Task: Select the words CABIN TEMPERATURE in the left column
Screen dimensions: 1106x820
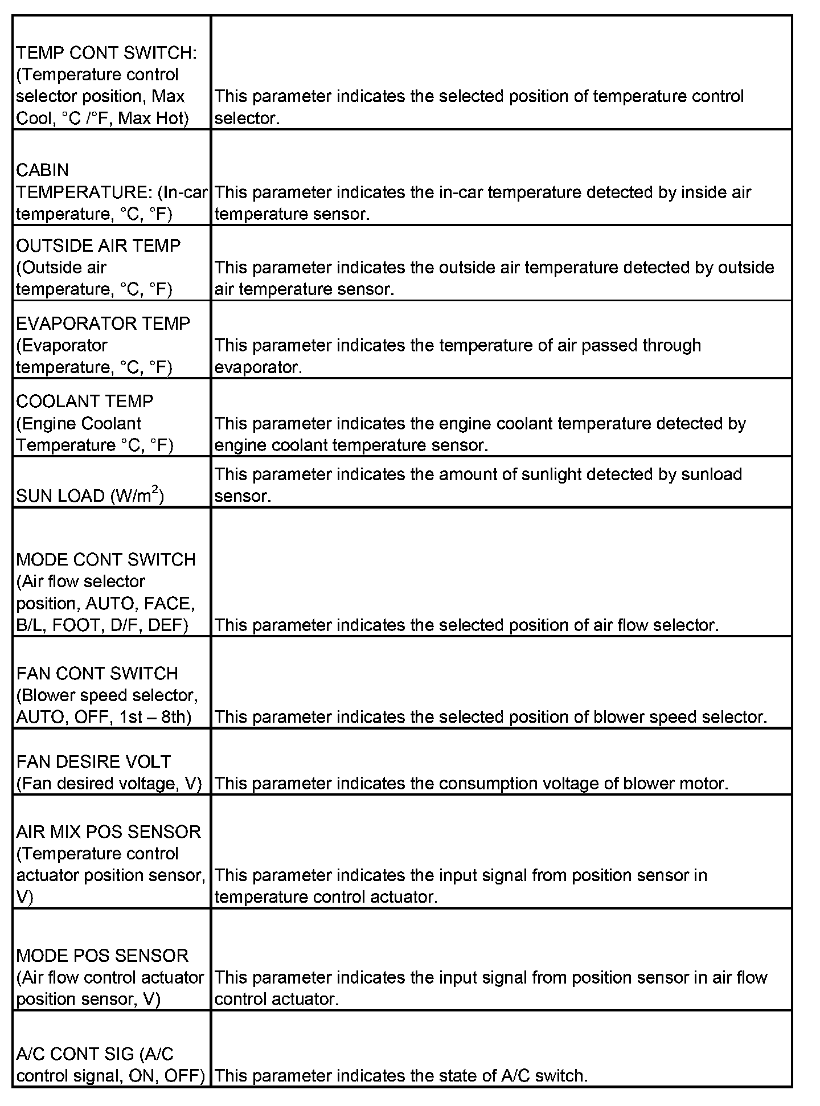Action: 85,181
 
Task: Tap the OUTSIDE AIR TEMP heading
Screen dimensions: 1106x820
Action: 98,245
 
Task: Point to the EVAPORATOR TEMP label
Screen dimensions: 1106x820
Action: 103,323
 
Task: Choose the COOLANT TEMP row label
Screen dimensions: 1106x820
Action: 84,402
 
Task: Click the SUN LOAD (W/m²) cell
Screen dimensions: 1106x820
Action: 89,496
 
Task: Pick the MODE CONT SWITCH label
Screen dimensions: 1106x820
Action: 106,559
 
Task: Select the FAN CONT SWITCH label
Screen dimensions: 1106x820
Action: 97,673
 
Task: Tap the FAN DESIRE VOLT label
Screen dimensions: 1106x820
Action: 93,761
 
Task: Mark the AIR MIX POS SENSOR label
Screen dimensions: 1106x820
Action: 108,831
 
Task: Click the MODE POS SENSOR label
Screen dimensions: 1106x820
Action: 102,955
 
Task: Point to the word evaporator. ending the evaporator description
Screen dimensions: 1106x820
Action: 258,367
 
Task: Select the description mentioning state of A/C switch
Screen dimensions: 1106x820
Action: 401,1076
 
